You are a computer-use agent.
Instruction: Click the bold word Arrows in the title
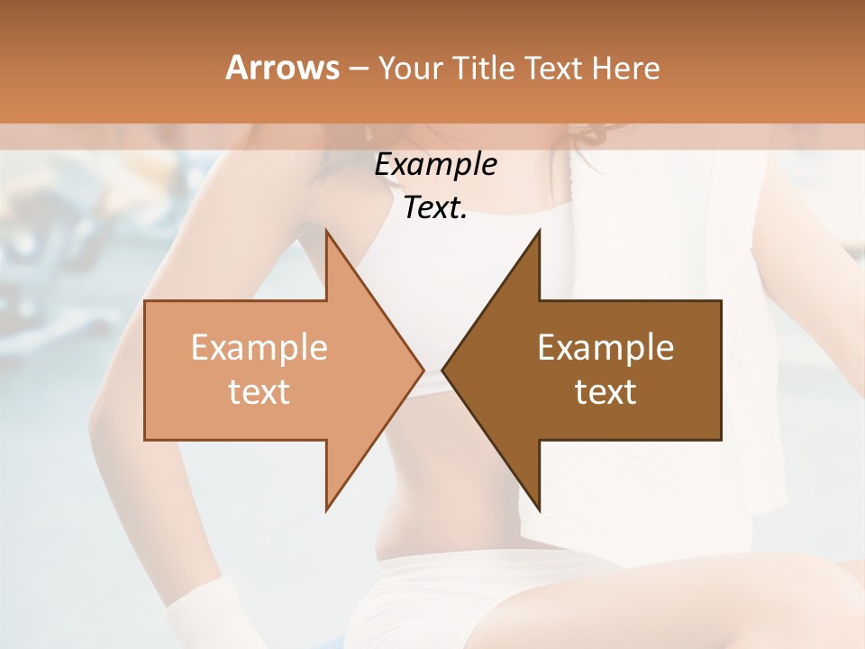point(281,68)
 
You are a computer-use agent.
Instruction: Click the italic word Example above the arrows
point(435,165)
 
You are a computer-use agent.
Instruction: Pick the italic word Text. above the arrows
point(435,208)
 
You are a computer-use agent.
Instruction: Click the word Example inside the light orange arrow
point(259,348)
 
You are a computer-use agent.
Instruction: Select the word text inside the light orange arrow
point(259,391)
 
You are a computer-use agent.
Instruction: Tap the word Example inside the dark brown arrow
point(605,348)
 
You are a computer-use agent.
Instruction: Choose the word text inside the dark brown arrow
point(605,391)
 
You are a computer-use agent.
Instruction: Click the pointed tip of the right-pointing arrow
point(422,370)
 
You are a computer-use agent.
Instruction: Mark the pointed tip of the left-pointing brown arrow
point(443,370)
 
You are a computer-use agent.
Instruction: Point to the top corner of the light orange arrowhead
point(326,233)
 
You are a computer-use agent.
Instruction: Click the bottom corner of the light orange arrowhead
point(326,508)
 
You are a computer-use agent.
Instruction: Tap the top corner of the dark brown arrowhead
point(539,233)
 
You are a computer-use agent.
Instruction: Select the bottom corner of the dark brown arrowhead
point(539,508)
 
